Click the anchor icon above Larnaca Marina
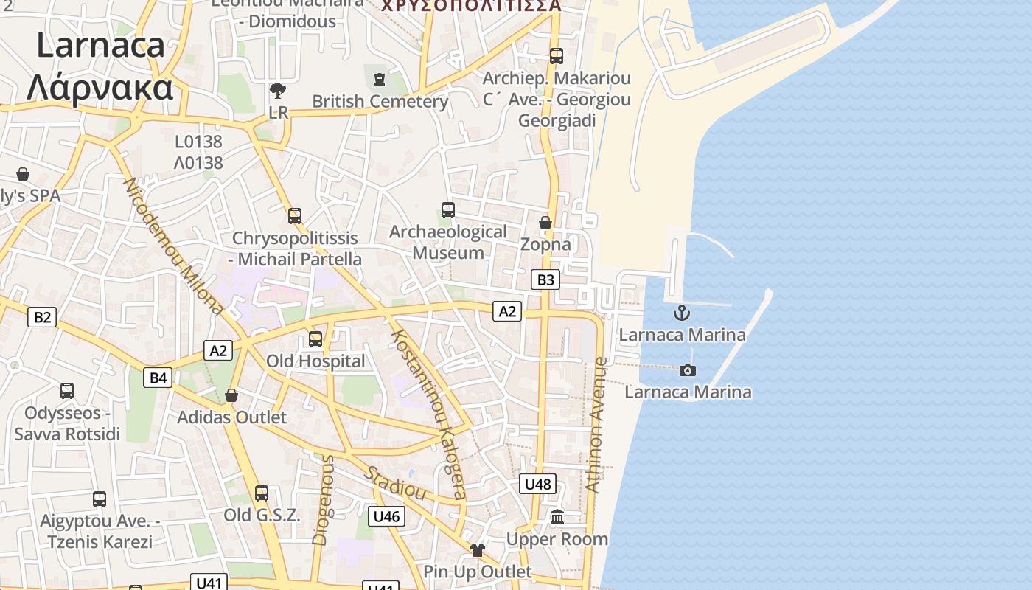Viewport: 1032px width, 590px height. [682, 313]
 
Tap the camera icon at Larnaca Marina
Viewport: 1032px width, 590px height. [688, 370]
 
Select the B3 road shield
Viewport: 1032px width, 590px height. [545, 280]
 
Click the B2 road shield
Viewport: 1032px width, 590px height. [42, 317]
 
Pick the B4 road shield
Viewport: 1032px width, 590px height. [158, 378]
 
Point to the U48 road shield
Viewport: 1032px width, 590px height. [537, 484]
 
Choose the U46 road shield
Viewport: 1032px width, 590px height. [386, 516]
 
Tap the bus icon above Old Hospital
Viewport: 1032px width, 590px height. [315, 339]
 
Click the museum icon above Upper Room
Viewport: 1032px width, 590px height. [557, 517]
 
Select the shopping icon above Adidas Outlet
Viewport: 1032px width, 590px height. [231, 395]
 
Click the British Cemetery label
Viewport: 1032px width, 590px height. [380, 101]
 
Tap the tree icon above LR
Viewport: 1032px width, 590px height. [278, 91]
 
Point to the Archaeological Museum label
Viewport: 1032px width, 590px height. [448, 242]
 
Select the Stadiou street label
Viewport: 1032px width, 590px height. [396, 483]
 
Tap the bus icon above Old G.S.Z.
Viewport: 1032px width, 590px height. [262, 493]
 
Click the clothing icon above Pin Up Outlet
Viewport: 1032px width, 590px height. [478, 549]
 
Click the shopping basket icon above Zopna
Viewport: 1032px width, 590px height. [545, 223]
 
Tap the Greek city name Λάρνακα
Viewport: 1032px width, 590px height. [100, 87]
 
